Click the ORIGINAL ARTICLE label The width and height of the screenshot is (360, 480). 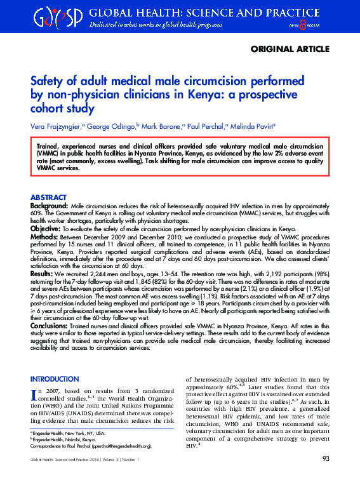coord(290,49)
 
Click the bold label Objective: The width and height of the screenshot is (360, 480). coord(46,228)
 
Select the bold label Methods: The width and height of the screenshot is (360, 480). coord(44,236)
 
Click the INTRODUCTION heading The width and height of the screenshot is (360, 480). coord(55,378)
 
